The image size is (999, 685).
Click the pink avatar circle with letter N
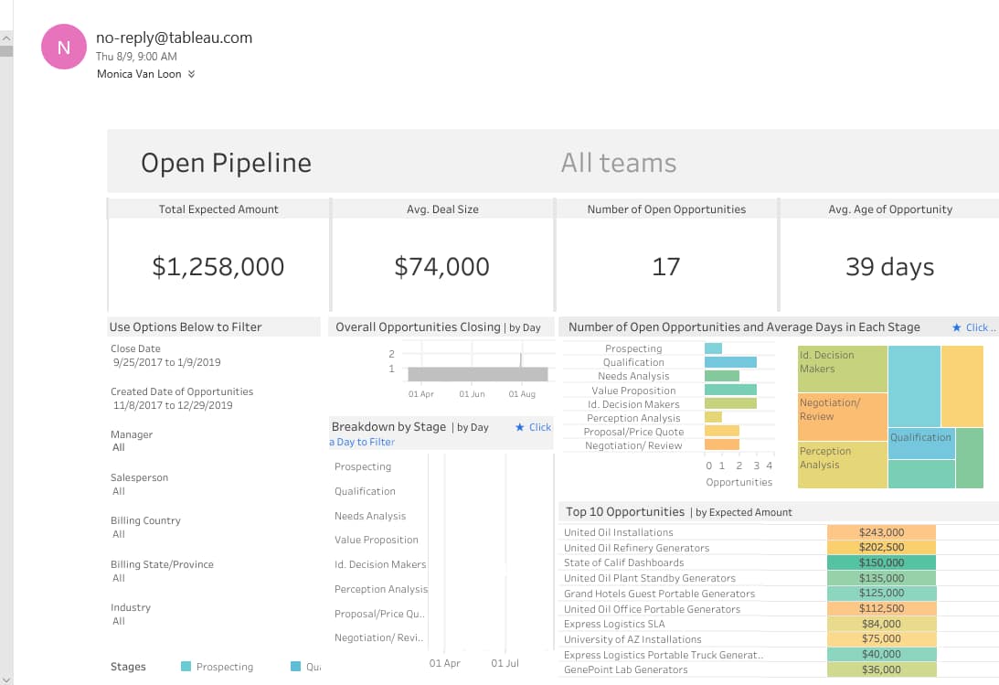64,48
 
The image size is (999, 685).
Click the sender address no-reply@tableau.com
174,37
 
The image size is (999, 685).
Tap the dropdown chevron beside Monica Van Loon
191,74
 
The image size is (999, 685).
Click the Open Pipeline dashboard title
226,163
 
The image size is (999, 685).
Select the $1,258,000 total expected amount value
218,267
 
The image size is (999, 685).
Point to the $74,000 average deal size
441,267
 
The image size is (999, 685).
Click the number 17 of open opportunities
665,267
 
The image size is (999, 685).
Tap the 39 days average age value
888,267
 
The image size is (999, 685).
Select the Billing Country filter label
145,520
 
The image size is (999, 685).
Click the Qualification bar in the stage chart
730,362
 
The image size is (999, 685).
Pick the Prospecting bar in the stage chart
713,348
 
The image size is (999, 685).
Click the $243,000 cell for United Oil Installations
880,532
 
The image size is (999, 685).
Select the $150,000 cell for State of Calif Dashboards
880,563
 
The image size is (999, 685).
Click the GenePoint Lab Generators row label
625,669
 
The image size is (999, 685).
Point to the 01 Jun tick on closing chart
472,394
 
